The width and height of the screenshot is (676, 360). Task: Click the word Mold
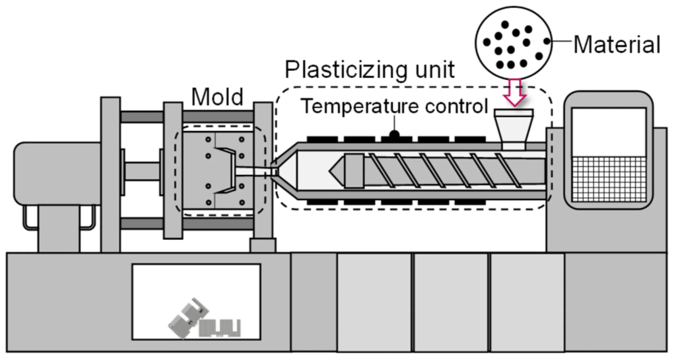pyautogui.click(x=217, y=97)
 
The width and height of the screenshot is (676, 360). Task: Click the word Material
pyautogui.click(x=617, y=44)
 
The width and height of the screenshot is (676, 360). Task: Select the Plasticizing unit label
pyautogui.click(x=370, y=69)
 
